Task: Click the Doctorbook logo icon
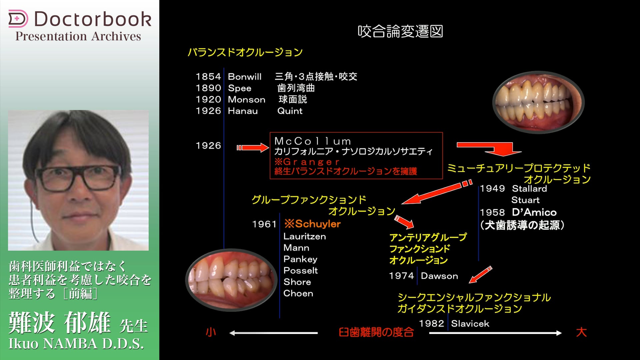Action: [18, 19]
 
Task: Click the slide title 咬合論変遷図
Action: [400, 31]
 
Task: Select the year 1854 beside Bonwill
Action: [208, 77]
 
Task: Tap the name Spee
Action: [240, 88]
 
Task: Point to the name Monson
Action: [247, 100]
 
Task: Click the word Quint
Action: [290, 111]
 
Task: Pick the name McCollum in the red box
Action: [312, 141]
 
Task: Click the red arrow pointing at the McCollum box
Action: [253, 148]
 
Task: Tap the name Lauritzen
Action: [305, 236]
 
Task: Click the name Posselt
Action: [301, 270]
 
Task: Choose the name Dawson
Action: [439, 276]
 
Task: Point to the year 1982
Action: [431, 323]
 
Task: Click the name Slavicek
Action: [470, 323]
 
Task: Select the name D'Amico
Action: [534, 212]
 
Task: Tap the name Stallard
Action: [530, 189]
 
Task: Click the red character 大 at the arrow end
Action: [581, 332]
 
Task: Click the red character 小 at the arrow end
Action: [211, 332]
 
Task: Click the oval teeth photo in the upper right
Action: [538, 102]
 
